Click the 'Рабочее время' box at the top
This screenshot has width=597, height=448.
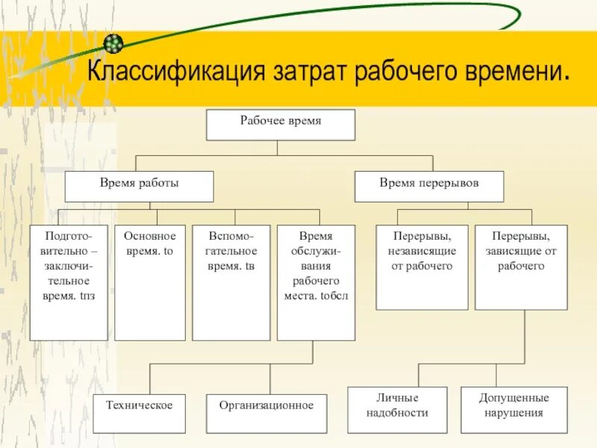click(x=281, y=125)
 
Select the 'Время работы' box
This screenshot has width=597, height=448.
click(x=139, y=187)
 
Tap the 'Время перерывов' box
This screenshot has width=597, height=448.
click(x=429, y=187)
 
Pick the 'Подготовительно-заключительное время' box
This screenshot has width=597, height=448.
click(x=69, y=282)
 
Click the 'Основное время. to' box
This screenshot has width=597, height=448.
click(x=149, y=282)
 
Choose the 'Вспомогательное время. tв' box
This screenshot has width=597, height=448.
click(x=231, y=282)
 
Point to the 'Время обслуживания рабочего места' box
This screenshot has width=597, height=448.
click(x=316, y=282)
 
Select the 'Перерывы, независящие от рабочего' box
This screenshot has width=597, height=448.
click(x=422, y=267)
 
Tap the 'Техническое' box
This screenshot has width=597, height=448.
click(x=139, y=414)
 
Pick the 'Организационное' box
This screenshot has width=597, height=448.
click(x=266, y=414)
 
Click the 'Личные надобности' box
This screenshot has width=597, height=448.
click(x=398, y=409)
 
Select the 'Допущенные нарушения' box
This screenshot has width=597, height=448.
click(x=513, y=409)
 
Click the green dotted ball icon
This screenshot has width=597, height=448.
click(x=113, y=43)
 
